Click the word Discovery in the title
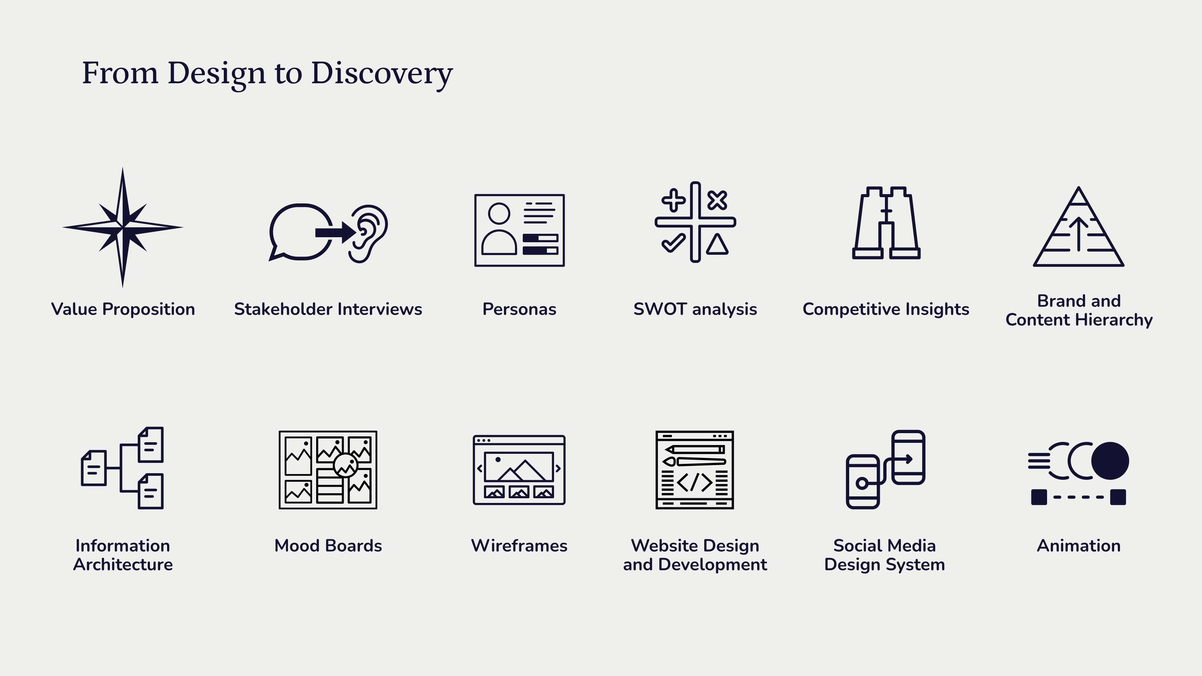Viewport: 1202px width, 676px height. (382, 74)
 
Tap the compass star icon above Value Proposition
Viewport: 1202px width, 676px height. (123, 228)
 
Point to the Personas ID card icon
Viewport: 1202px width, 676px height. (519, 230)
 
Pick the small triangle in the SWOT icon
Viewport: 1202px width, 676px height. (717, 244)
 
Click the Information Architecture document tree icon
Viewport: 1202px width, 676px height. (122, 468)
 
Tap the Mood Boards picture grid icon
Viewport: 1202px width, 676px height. (328, 470)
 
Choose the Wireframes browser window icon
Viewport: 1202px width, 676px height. (519, 470)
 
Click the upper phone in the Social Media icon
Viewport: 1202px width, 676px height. (908, 457)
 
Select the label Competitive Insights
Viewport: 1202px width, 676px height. (886, 309)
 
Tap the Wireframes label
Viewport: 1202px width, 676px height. (519, 545)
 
